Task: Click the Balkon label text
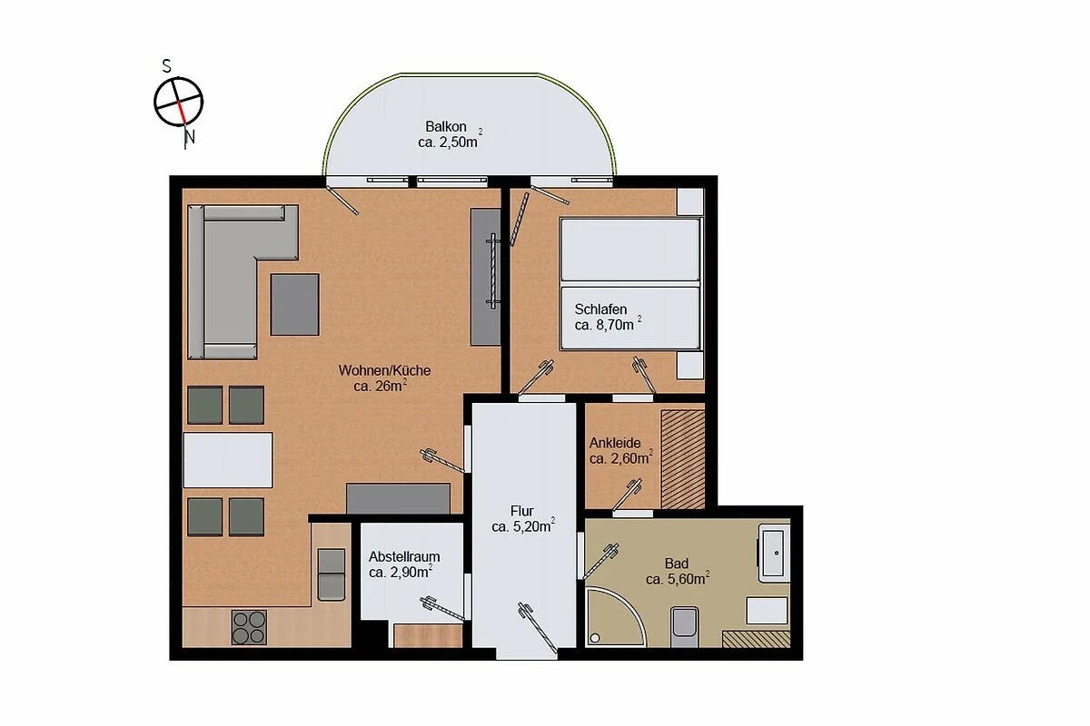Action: tap(446, 126)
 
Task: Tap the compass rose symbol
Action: tap(179, 103)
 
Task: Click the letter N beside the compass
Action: tap(190, 138)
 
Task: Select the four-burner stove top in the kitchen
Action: tap(249, 627)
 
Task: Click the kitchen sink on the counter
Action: tap(332, 574)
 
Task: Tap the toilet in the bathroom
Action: tap(684, 626)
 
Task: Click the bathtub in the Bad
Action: tap(773, 554)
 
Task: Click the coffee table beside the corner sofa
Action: tap(295, 304)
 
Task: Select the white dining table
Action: tap(228, 460)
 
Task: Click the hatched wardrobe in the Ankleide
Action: tap(683, 459)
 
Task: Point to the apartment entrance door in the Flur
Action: tap(537, 628)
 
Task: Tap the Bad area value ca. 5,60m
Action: tap(678, 579)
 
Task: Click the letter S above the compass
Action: tap(167, 66)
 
